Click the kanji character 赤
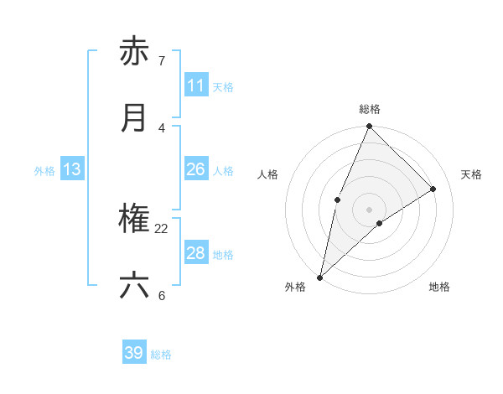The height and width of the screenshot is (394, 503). coord(134,52)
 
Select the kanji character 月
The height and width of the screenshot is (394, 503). coord(134,118)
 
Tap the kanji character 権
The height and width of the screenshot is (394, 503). coord(134,220)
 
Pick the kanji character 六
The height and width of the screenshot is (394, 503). coord(134,286)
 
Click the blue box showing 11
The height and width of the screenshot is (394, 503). coord(196,86)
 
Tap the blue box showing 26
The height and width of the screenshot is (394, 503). coord(196,169)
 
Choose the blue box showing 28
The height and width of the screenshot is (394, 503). coord(196,253)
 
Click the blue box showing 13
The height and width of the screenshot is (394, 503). coord(72,169)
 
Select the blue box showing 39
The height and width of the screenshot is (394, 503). coord(134,353)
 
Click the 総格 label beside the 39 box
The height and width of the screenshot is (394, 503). coord(162,355)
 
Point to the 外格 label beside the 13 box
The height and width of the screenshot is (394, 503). coord(44,171)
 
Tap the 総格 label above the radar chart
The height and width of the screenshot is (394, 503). coord(370,109)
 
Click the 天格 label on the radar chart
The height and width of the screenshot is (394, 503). coord(472,174)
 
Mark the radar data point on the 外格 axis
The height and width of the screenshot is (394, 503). coord(319,277)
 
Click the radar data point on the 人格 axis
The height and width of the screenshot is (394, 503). coord(337,200)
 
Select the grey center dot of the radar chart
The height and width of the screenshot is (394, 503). coord(370,210)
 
